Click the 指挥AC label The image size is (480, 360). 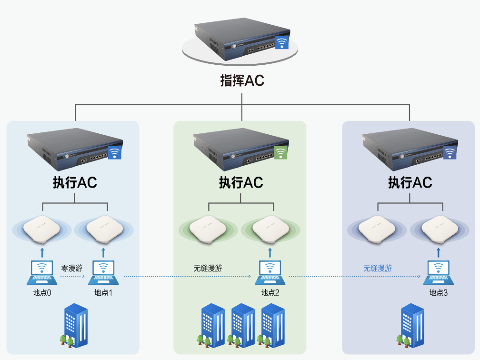click(242, 80)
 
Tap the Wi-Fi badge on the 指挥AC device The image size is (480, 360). click(282, 43)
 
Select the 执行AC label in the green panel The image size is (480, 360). click(241, 182)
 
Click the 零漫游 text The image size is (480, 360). click(72, 268)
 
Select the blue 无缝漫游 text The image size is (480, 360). click(378, 269)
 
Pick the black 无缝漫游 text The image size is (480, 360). click(208, 269)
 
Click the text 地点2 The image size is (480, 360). click(270, 293)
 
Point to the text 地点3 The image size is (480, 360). click(439, 293)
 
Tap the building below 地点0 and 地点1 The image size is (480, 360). click(75, 326)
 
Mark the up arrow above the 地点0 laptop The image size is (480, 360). click(42, 252)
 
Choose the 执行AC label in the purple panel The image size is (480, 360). click(410, 182)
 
